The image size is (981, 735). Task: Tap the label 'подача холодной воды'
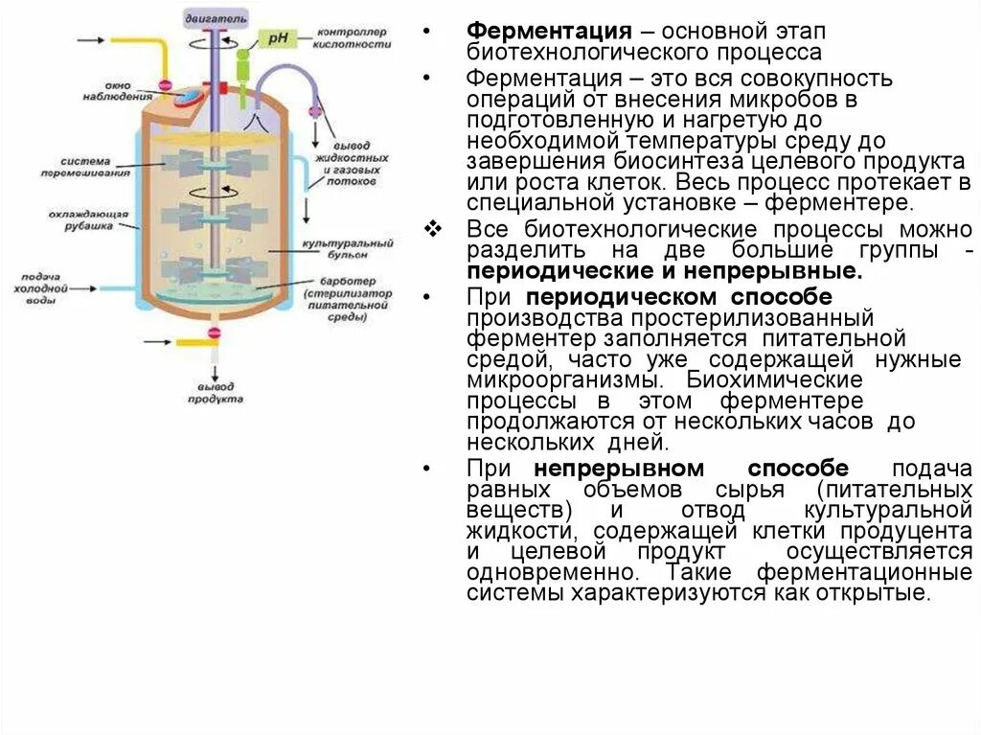[x=39, y=287]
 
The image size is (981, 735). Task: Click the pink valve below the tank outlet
[x=214, y=333]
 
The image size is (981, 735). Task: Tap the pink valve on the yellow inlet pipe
[x=165, y=86]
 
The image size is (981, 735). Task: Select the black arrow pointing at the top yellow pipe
[x=91, y=40]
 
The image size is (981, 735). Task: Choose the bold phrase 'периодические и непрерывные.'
[x=665, y=271]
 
